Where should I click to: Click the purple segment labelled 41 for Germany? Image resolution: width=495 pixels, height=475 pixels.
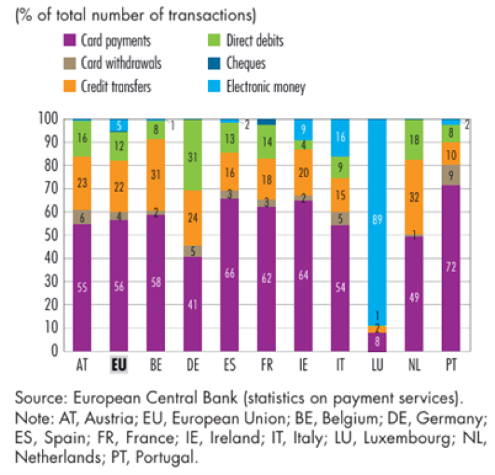[193, 304]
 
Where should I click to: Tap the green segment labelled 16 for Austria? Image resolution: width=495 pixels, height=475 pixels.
[82, 138]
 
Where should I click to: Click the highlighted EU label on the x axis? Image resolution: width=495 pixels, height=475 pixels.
[119, 365]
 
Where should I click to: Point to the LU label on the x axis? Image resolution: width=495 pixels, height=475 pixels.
[376, 365]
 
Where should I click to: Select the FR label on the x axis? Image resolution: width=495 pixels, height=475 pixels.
[266, 365]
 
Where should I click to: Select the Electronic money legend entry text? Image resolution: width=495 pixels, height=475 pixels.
[265, 86]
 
